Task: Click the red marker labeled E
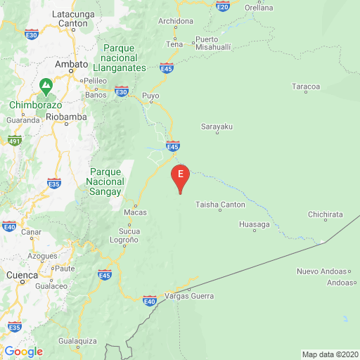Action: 181,176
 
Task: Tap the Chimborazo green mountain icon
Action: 46,87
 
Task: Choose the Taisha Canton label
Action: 221,205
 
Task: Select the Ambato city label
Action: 72,63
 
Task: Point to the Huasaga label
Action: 255,224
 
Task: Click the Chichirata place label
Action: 325,214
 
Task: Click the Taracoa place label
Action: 306,86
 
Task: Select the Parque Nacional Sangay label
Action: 106,181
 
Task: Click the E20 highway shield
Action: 223,6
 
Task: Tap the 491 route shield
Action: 15,141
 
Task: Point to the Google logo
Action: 23,352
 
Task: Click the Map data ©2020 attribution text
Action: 330,354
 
